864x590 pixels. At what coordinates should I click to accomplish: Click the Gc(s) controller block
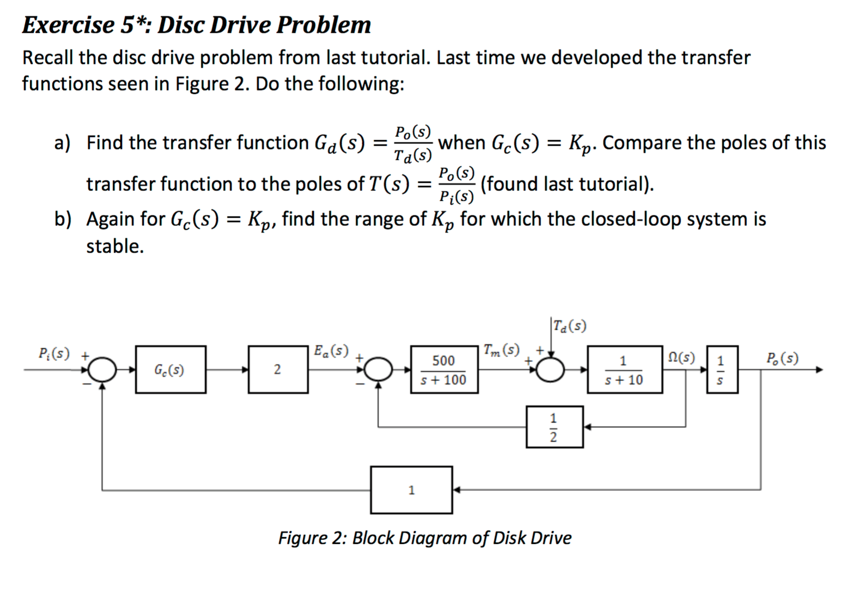[x=171, y=370]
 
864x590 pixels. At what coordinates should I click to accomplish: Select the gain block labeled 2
[x=278, y=370]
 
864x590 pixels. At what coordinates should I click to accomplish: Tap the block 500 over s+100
[x=444, y=370]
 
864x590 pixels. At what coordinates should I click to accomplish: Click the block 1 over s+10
[x=624, y=370]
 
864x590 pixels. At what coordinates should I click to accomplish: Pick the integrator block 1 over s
[x=722, y=370]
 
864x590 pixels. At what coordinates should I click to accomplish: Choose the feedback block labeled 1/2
[x=554, y=427]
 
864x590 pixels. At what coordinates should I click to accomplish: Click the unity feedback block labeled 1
[x=411, y=490]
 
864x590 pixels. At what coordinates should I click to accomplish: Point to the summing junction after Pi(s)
[x=102, y=370]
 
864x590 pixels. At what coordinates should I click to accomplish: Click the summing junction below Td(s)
[x=551, y=370]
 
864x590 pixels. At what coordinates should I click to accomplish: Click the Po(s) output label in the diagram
[x=782, y=358]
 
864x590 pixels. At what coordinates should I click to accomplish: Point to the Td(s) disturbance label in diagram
[x=570, y=326]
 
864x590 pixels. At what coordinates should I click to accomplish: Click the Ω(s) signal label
[x=681, y=358]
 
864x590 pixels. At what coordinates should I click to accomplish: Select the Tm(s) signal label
[x=502, y=350]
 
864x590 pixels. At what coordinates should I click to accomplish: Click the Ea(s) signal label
[x=331, y=350]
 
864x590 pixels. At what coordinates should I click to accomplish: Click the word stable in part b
[x=115, y=246]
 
